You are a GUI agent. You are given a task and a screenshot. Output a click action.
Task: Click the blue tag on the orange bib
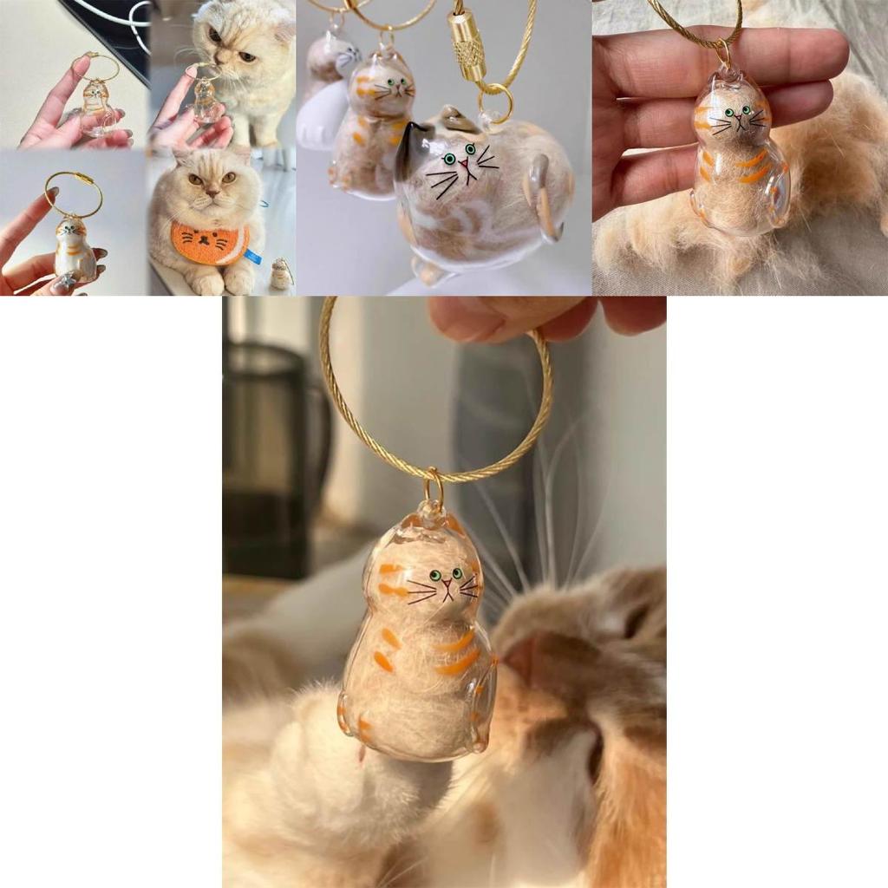pos(253,256)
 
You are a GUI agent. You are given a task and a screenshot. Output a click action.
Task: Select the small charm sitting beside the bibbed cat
pos(280,275)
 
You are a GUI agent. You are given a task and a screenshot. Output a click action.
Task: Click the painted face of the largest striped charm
pos(445,584)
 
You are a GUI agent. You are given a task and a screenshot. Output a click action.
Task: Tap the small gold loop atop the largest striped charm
pos(434,490)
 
